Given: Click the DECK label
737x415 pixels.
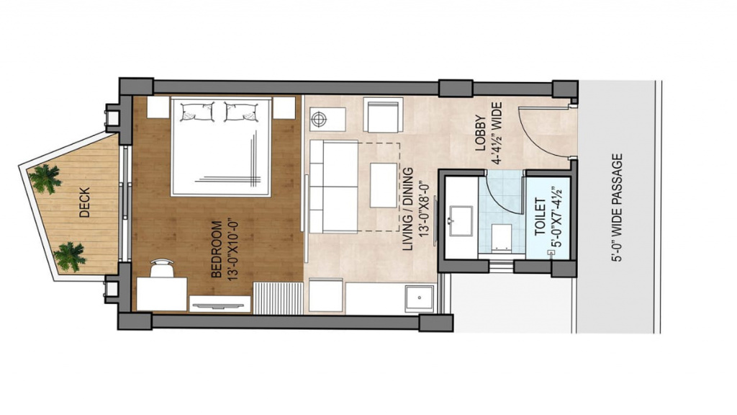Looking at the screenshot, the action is pos(85,202).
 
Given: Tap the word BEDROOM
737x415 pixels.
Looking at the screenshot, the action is pos(217,249).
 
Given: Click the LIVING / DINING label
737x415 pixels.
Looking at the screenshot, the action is pos(408,209).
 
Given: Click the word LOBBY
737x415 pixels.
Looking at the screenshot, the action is pos(480,133).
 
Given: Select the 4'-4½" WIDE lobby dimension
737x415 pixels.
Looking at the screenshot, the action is pos(497,133).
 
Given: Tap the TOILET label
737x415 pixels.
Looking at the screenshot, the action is pos(541,218).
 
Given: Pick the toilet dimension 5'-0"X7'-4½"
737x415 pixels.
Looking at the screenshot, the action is pos(557,218).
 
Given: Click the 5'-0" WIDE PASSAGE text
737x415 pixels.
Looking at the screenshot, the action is pos(617,207).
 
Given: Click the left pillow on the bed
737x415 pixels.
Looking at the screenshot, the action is pos(197,112).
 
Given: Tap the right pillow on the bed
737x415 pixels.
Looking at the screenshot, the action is pos(241,112).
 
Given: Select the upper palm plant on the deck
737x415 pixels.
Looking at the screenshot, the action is pos(45,179).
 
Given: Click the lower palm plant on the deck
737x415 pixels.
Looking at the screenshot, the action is pos(70,256).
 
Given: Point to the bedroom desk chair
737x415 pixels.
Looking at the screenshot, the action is pos(161,268).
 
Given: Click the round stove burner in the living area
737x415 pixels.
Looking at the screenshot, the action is pos(319,119).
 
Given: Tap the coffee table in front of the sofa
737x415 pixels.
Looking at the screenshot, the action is pos(384,185).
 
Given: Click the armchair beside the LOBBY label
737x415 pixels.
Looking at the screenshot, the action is pos(383,115).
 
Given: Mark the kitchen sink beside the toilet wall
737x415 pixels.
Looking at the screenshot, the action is pos(420,298).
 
